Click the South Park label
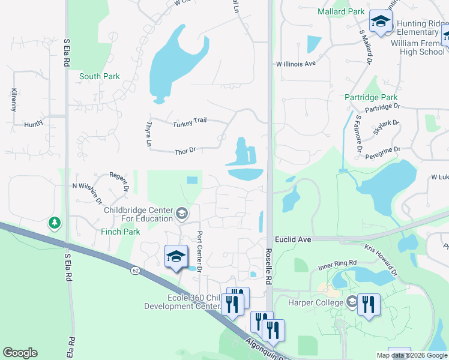(x=100, y=76)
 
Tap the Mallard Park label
(x=340, y=11)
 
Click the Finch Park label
(x=121, y=232)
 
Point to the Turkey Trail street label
(x=190, y=122)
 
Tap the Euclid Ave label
(x=293, y=239)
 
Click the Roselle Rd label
(x=268, y=266)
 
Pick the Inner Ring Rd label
(x=337, y=263)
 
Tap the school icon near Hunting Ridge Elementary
(x=380, y=22)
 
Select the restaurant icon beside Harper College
(x=369, y=304)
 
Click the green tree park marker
(x=55, y=223)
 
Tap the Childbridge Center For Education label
(x=138, y=214)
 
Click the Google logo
(x=20, y=353)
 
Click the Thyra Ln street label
(x=148, y=134)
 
